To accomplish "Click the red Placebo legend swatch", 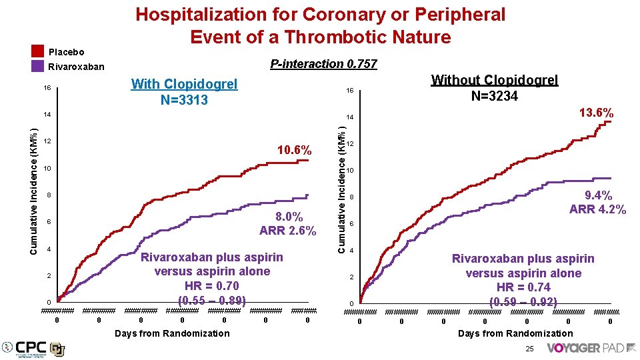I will (x=37, y=51).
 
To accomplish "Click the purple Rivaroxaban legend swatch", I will (x=37, y=66).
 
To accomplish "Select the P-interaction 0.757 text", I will (x=323, y=64).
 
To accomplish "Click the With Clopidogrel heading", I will (x=184, y=84).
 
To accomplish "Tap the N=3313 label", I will (x=184, y=100).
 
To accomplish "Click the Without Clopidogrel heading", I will (x=494, y=80).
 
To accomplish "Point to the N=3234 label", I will (x=494, y=96).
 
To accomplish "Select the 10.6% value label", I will (x=293, y=151).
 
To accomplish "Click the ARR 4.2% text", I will (x=597, y=209).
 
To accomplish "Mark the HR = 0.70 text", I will (x=212, y=285).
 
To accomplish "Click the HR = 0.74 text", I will (x=523, y=287).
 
